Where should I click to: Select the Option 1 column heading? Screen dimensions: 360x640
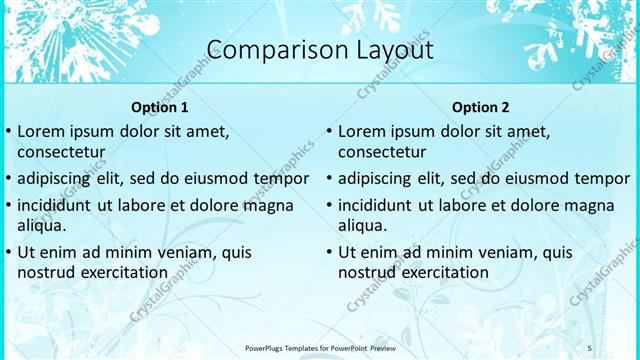pyautogui.click(x=160, y=107)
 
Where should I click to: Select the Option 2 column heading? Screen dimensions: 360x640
pyautogui.click(x=480, y=107)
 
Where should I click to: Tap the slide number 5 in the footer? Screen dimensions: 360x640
pyautogui.click(x=590, y=347)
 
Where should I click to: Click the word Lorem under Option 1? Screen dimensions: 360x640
pyautogui.click(x=41, y=131)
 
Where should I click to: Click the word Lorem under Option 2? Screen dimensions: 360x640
pyautogui.click(x=361, y=131)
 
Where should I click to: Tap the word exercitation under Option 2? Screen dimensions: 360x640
pyautogui.click(x=443, y=272)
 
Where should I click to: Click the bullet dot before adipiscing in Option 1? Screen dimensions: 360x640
pyautogui.click(x=8, y=179)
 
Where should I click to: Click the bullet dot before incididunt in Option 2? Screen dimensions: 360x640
pyautogui.click(x=328, y=206)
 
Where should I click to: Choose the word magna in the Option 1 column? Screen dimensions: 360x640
pyautogui.click(x=269, y=205)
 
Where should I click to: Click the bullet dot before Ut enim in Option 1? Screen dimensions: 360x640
pyautogui.click(x=8, y=252)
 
